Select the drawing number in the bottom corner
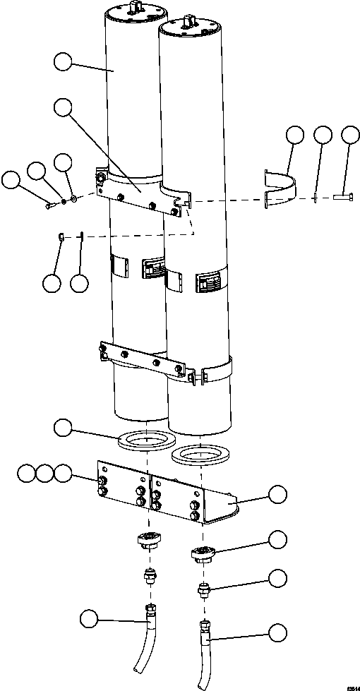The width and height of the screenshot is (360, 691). (347, 685)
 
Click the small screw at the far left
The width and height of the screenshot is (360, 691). (49, 205)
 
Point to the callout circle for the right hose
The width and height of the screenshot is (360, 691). (279, 632)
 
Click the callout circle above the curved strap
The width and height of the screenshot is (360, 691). (294, 135)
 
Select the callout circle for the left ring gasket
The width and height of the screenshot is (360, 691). (64, 427)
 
